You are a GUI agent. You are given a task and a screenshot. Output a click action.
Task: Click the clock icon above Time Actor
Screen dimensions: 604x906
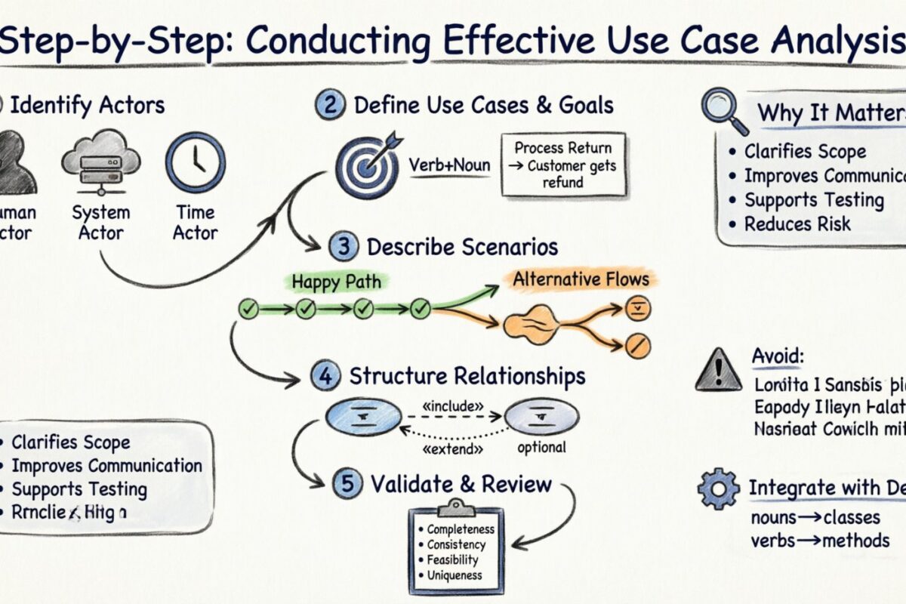(196, 162)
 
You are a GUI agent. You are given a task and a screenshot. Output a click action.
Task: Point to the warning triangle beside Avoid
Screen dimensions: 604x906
(717, 370)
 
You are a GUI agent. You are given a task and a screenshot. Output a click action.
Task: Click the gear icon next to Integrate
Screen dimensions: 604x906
(718, 489)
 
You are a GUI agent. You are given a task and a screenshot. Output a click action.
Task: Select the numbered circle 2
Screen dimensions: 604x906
(328, 105)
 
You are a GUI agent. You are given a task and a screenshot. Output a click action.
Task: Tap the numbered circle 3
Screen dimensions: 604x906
(341, 247)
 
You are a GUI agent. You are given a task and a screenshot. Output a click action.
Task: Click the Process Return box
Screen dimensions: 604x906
(563, 165)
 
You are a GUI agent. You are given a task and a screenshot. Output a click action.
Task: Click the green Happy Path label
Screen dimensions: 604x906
(336, 282)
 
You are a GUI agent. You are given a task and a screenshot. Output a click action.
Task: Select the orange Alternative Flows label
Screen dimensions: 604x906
(581, 280)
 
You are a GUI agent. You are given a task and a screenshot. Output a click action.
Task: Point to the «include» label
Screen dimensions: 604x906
(453, 406)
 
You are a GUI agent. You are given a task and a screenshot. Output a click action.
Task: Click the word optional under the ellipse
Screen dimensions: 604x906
(541, 447)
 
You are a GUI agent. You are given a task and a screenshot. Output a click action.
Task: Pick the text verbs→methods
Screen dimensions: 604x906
(820, 541)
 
